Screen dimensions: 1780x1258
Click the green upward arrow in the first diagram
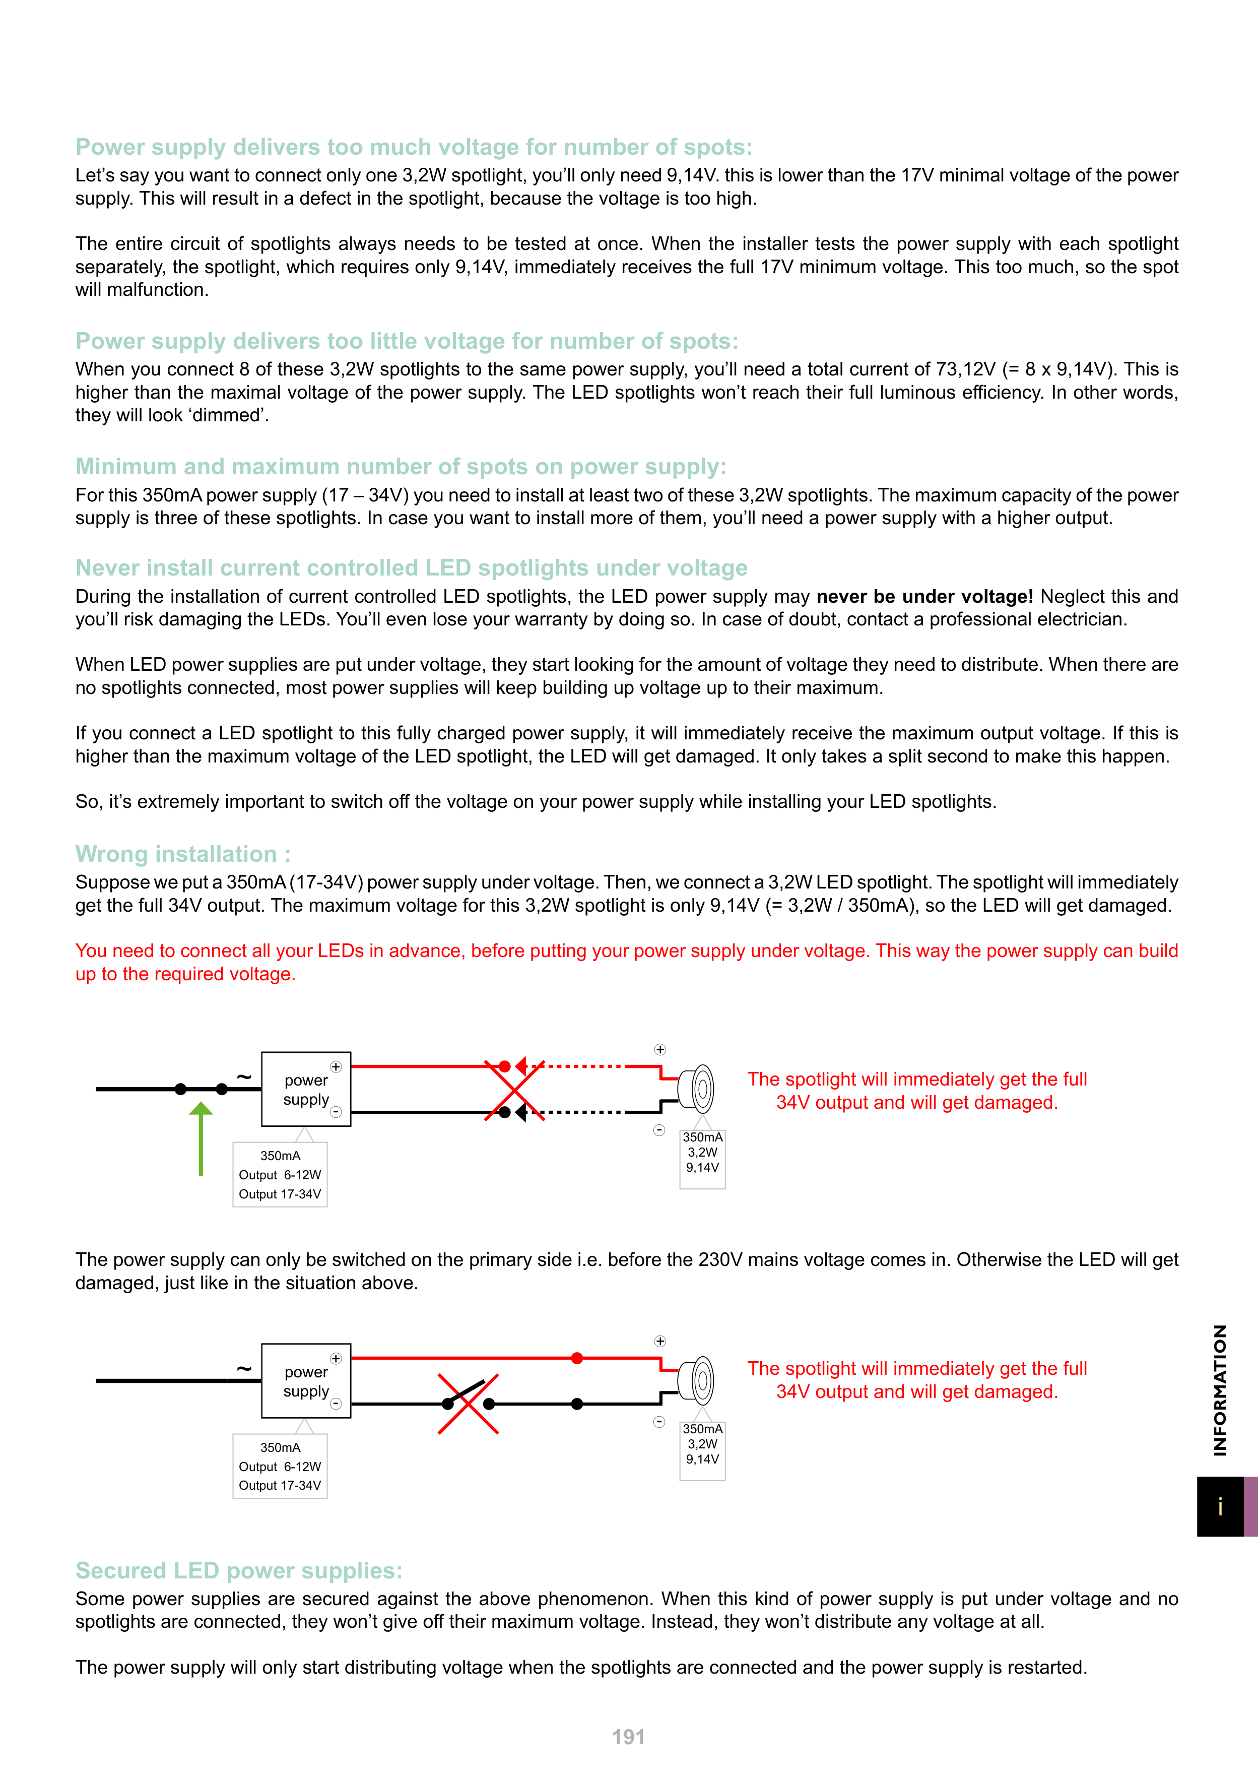click(201, 1137)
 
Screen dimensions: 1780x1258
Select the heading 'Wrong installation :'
click(183, 854)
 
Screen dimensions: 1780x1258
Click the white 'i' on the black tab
click(1220, 1506)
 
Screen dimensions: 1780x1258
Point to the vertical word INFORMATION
click(1220, 1389)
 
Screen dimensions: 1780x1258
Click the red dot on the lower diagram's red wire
click(577, 1358)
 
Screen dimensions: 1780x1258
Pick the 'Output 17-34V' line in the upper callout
click(280, 1194)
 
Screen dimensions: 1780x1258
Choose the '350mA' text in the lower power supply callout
click(280, 1447)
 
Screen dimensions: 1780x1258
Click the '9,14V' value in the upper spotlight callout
click(702, 1168)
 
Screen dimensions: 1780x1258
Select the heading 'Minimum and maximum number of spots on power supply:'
click(401, 467)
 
